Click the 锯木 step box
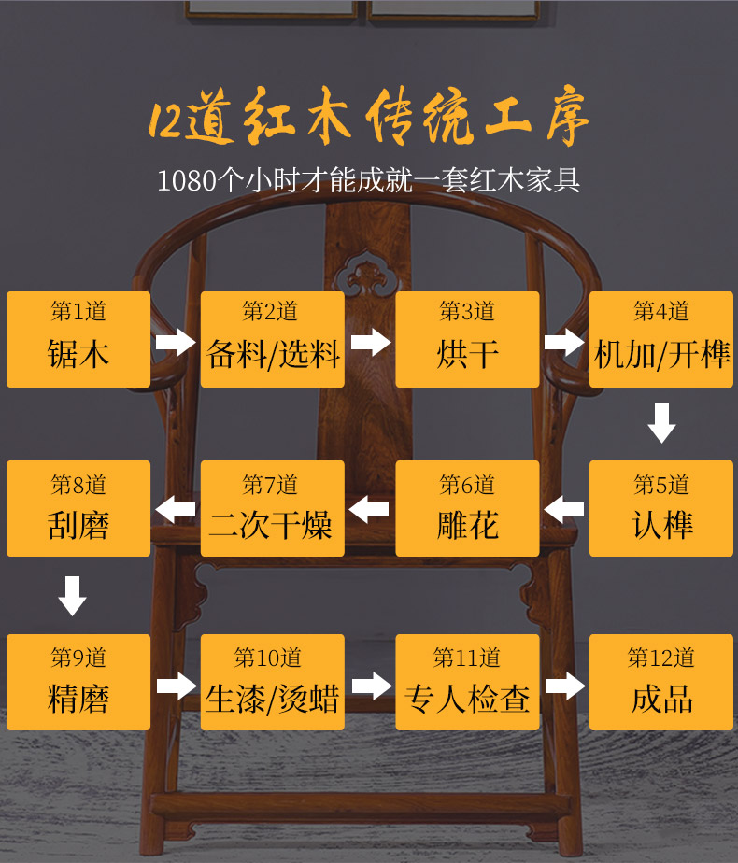coord(78,339)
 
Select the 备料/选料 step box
coord(272,339)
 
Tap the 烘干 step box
coord(467,339)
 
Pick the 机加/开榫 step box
coord(661,339)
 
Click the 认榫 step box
coord(661,508)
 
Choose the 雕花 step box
coord(467,508)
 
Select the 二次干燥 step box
coord(272,508)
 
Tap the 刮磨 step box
coord(78,508)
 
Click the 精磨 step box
coord(78,682)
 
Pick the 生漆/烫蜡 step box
coord(272,682)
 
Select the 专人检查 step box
coord(467,682)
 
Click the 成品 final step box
coord(661,682)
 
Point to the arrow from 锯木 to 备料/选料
coord(176,341)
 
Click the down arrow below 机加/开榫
coord(661,423)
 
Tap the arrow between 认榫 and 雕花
coord(564,510)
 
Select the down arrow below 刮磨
coord(72,596)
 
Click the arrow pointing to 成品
coord(564,686)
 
